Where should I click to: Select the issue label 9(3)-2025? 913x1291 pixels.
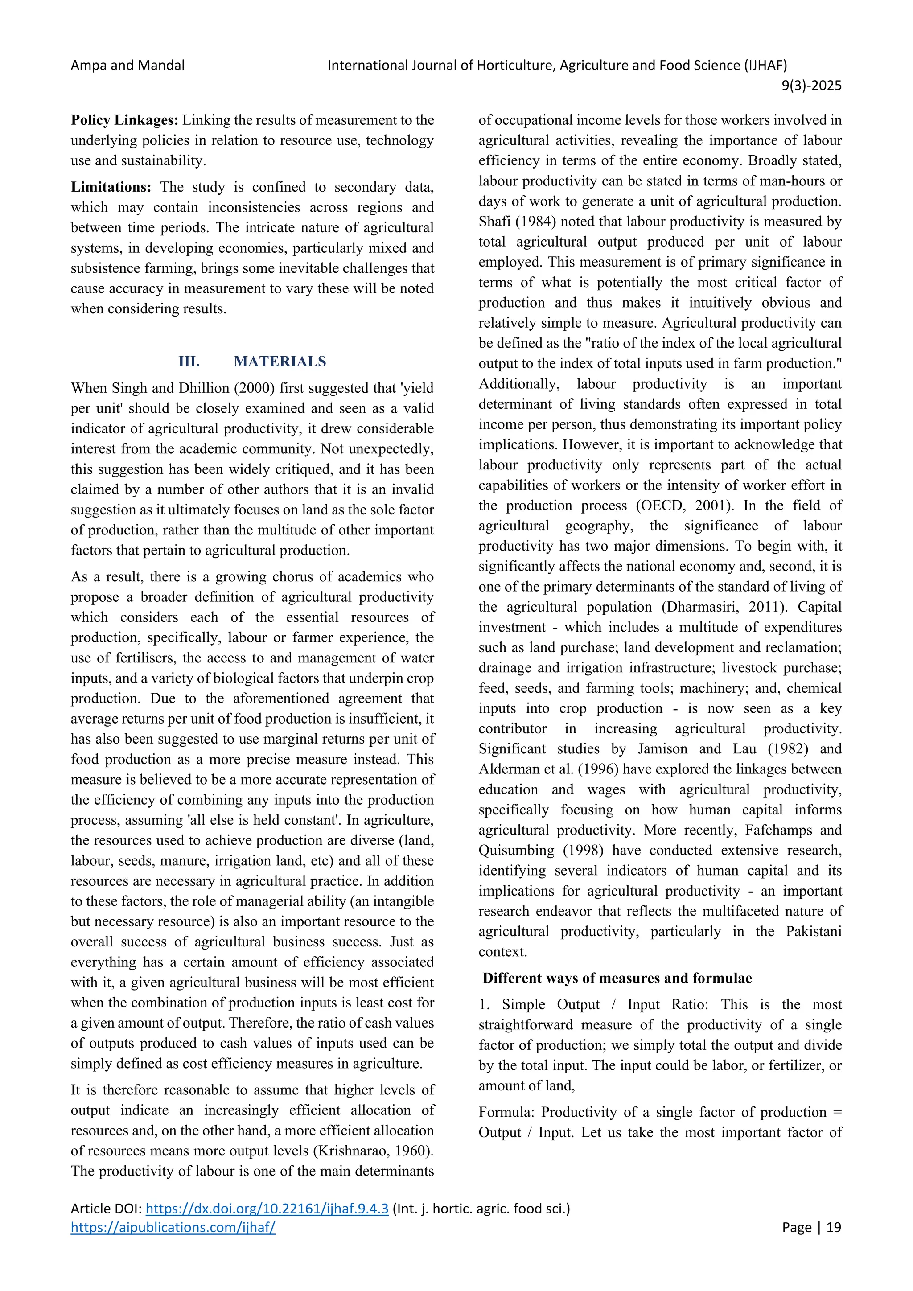pyautogui.click(x=811, y=86)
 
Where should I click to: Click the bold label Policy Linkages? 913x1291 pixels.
pyautogui.click(x=124, y=120)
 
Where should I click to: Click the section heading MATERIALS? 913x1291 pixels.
pyautogui.click(x=280, y=361)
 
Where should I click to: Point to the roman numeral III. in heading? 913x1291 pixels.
pyautogui.click(x=189, y=361)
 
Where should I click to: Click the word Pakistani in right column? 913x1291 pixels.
pyautogui.click(x=814, y=931)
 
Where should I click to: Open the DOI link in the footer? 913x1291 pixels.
pyautogui.click(x=267, y=1209)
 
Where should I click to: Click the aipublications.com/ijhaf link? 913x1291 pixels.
pyautogui.click(x=173, y=1227)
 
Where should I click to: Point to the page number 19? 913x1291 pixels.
pyautogui.click(x=834, y=1227)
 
